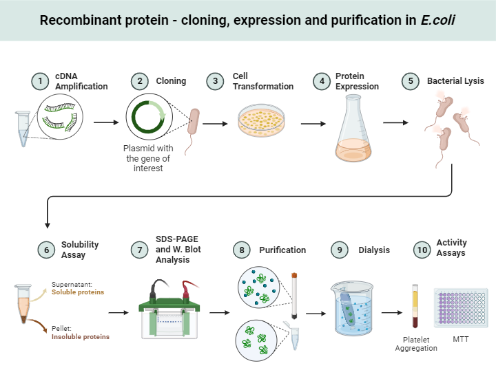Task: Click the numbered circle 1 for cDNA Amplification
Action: click(41, 81)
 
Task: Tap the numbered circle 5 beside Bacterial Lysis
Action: click(411, 81)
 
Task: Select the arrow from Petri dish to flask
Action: click(313, 124)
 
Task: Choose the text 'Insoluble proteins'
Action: click(81, 336)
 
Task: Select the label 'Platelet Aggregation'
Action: click(415, 344)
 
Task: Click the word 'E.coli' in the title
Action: click(438, 19)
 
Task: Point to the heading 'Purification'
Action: click(282, 250)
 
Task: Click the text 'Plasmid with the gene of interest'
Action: click(148, 158)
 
